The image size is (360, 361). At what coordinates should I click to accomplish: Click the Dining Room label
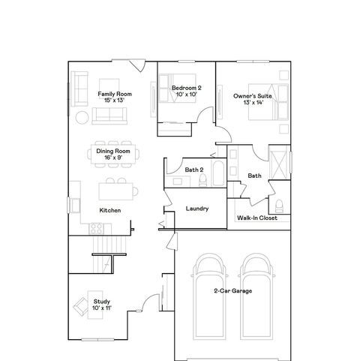click(x=112, y=151)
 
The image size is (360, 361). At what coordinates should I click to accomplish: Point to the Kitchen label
click(x=109, y=210)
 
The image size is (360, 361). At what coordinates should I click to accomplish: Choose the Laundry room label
click(x=196, y=209)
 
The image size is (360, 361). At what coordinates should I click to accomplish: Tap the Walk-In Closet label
click(x=256, y=218)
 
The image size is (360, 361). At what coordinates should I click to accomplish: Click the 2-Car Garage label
click(x=231, y=290)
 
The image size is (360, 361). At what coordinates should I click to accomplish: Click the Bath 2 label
click(x=194, y=170)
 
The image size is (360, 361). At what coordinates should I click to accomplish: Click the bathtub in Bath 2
click(x=217, y=175)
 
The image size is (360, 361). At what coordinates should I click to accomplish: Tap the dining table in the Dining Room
click(x=112, y=154)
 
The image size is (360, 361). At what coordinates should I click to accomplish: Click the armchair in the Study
click(x=82, y=307)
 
